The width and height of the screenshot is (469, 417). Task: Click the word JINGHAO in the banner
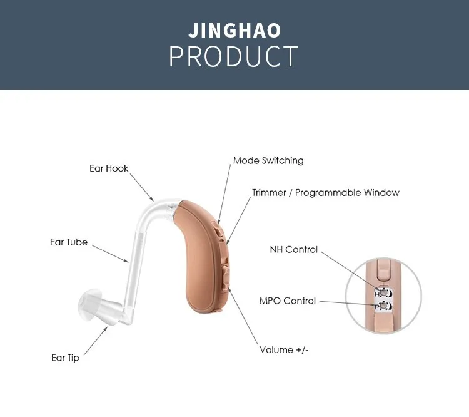(234, 31)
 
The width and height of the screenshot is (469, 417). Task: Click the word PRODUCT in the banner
(234, 57)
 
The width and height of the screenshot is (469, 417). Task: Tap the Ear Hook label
(109, 168)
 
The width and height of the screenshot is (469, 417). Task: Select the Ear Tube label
(69, 242)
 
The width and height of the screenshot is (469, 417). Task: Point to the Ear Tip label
(65, 358)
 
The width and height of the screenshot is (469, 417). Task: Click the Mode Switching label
(268, 160)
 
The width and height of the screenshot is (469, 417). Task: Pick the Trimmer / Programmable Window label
(325, 192)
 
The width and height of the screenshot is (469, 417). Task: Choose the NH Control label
(293, 249)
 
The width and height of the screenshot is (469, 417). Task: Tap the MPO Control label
(288, 301)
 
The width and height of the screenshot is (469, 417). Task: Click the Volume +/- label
(284, 349)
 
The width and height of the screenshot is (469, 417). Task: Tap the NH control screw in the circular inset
(380, 291)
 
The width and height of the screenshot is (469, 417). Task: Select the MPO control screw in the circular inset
(380, 306)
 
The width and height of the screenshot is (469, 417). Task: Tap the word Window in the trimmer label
(382, 192)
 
